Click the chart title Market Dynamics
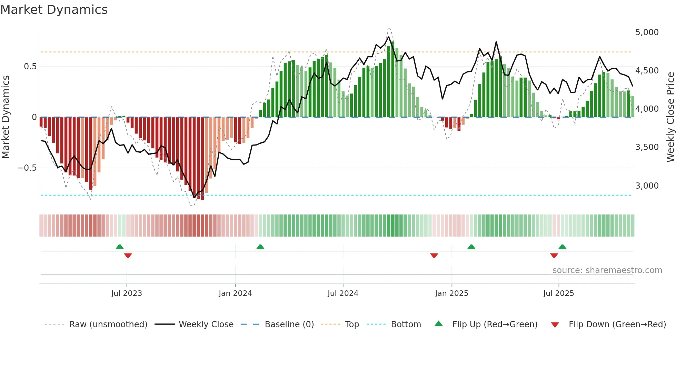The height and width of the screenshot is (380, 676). pyautogui.click(x=54, y=10)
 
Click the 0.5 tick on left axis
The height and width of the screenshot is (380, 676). pyautogui.click(x=30, y=67)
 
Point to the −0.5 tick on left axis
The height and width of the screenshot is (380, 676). pyautogui.click(x=27, y=168)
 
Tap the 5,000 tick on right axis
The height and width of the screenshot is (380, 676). pyautogui.click(x=647, y=32)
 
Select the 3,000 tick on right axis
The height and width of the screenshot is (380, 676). pyautogui.click(x=647, y=186)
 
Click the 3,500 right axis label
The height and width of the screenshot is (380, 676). pyautogui.click(x=647, y=147)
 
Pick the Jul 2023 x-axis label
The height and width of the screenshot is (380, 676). pyautogui.click(x=127, y=293)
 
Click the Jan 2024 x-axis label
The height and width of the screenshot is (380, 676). pyautogui.click(x=235, y=293)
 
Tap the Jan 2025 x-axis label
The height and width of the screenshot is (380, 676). pyautogui.click(x=451, y=293)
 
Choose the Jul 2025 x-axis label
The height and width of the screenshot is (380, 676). pyautogui.click(x=558, y=293)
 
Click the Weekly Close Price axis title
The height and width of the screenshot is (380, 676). pyautogui.click(x=670, y=117)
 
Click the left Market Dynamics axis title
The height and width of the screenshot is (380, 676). pyautogui.click(x=6, y=117)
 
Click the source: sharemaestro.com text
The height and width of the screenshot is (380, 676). pyautogui.click(x=607, y=270)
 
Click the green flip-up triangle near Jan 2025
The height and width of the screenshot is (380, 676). pyautogui.click(x=471, y=247)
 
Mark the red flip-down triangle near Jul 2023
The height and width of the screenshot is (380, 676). pyautogui.click(x=128, y=256)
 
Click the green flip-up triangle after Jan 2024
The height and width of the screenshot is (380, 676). pyautogui.click(x=260, y=247)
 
